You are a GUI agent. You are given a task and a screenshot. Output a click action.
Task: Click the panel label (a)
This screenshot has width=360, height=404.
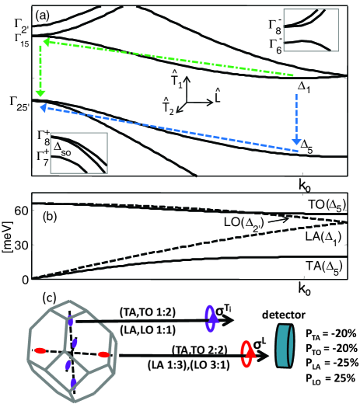42,16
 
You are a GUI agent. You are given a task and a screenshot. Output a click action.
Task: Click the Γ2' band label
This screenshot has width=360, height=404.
22,26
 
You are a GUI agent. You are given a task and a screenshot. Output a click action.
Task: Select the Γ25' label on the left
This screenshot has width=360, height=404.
20,103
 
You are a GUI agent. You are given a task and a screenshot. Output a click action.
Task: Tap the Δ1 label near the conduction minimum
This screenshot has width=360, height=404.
304,87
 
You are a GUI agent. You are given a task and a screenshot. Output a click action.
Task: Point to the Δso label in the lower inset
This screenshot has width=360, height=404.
62,151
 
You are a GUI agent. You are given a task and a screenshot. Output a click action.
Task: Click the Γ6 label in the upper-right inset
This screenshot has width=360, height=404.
275,46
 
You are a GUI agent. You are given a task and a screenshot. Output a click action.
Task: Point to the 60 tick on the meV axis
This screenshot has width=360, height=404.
21,211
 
